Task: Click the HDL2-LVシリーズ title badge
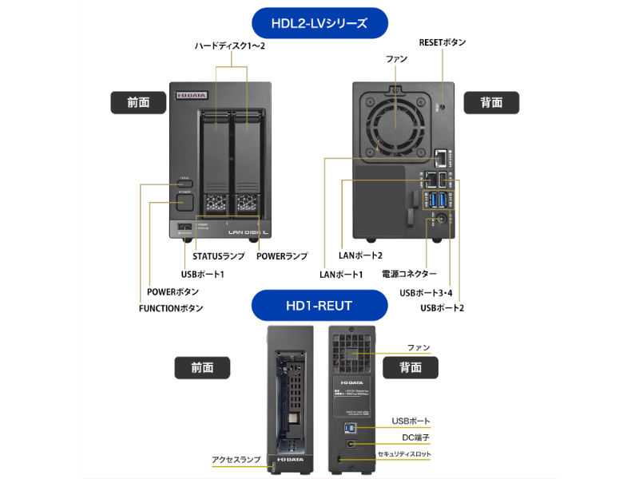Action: pos(319,23)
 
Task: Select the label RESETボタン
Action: pos(442,42)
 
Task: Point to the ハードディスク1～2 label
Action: pos(230,46)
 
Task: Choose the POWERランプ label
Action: pos(282,256)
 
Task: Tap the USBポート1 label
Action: pos(197,275)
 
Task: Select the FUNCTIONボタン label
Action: pos(171,308)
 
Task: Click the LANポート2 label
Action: pos(361,255)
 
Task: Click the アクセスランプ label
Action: pos(236,460)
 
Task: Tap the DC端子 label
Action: pos(415,437)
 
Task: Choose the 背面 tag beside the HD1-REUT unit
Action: pos(411,367)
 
